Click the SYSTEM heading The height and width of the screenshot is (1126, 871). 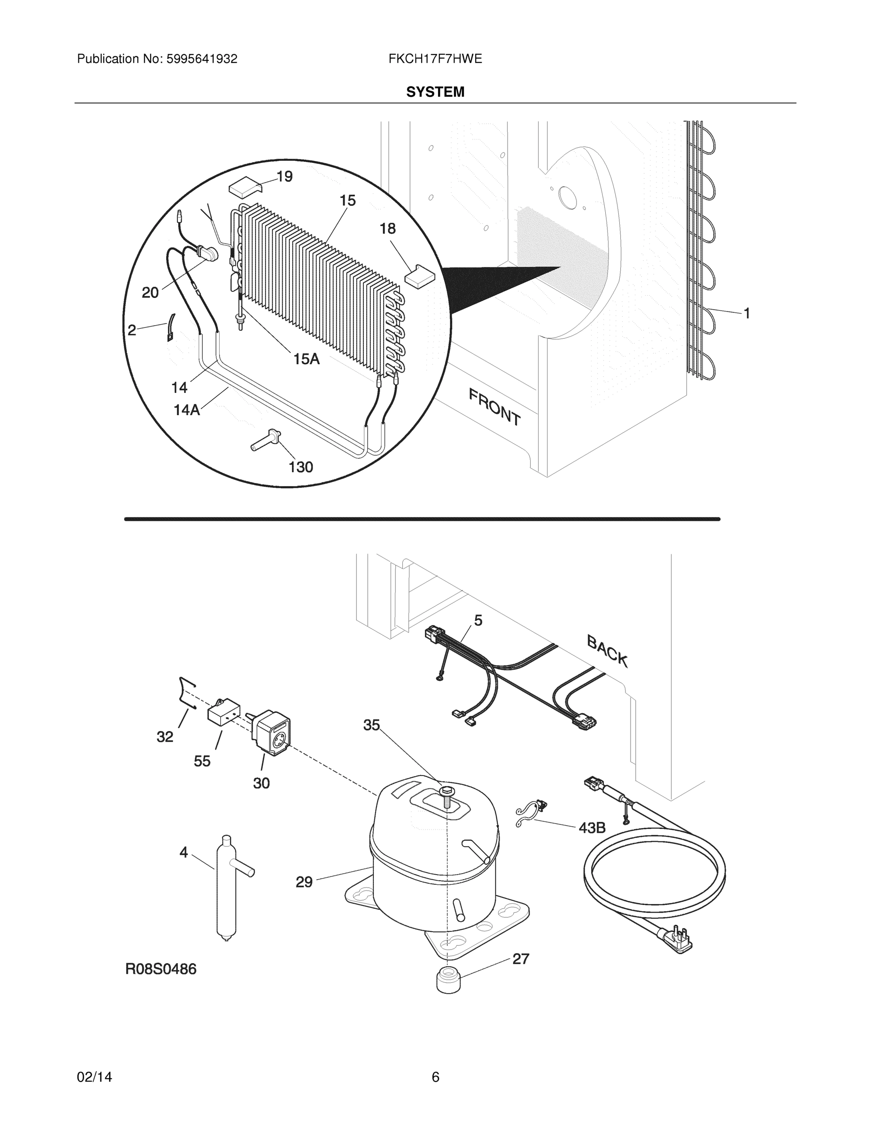click(x=435, y=92)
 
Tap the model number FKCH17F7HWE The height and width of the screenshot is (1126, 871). click(x=435, y=59)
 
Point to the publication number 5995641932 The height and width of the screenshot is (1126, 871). click(x=201, y=59)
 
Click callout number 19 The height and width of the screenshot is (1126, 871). click(x=285, y=177)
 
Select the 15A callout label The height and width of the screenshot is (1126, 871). click(x=307, y=359)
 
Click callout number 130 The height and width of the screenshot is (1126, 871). click(x=301, y=467)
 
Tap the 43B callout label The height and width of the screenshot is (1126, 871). click(x=592, y=828)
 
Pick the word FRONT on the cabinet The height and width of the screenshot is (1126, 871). click(x=494, y=407)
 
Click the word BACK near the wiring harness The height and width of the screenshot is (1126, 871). click(x=607, y=651)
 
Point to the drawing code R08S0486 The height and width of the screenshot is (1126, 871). click(x=161, y=970)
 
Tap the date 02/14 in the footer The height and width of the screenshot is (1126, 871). click(x=94, y=1077)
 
